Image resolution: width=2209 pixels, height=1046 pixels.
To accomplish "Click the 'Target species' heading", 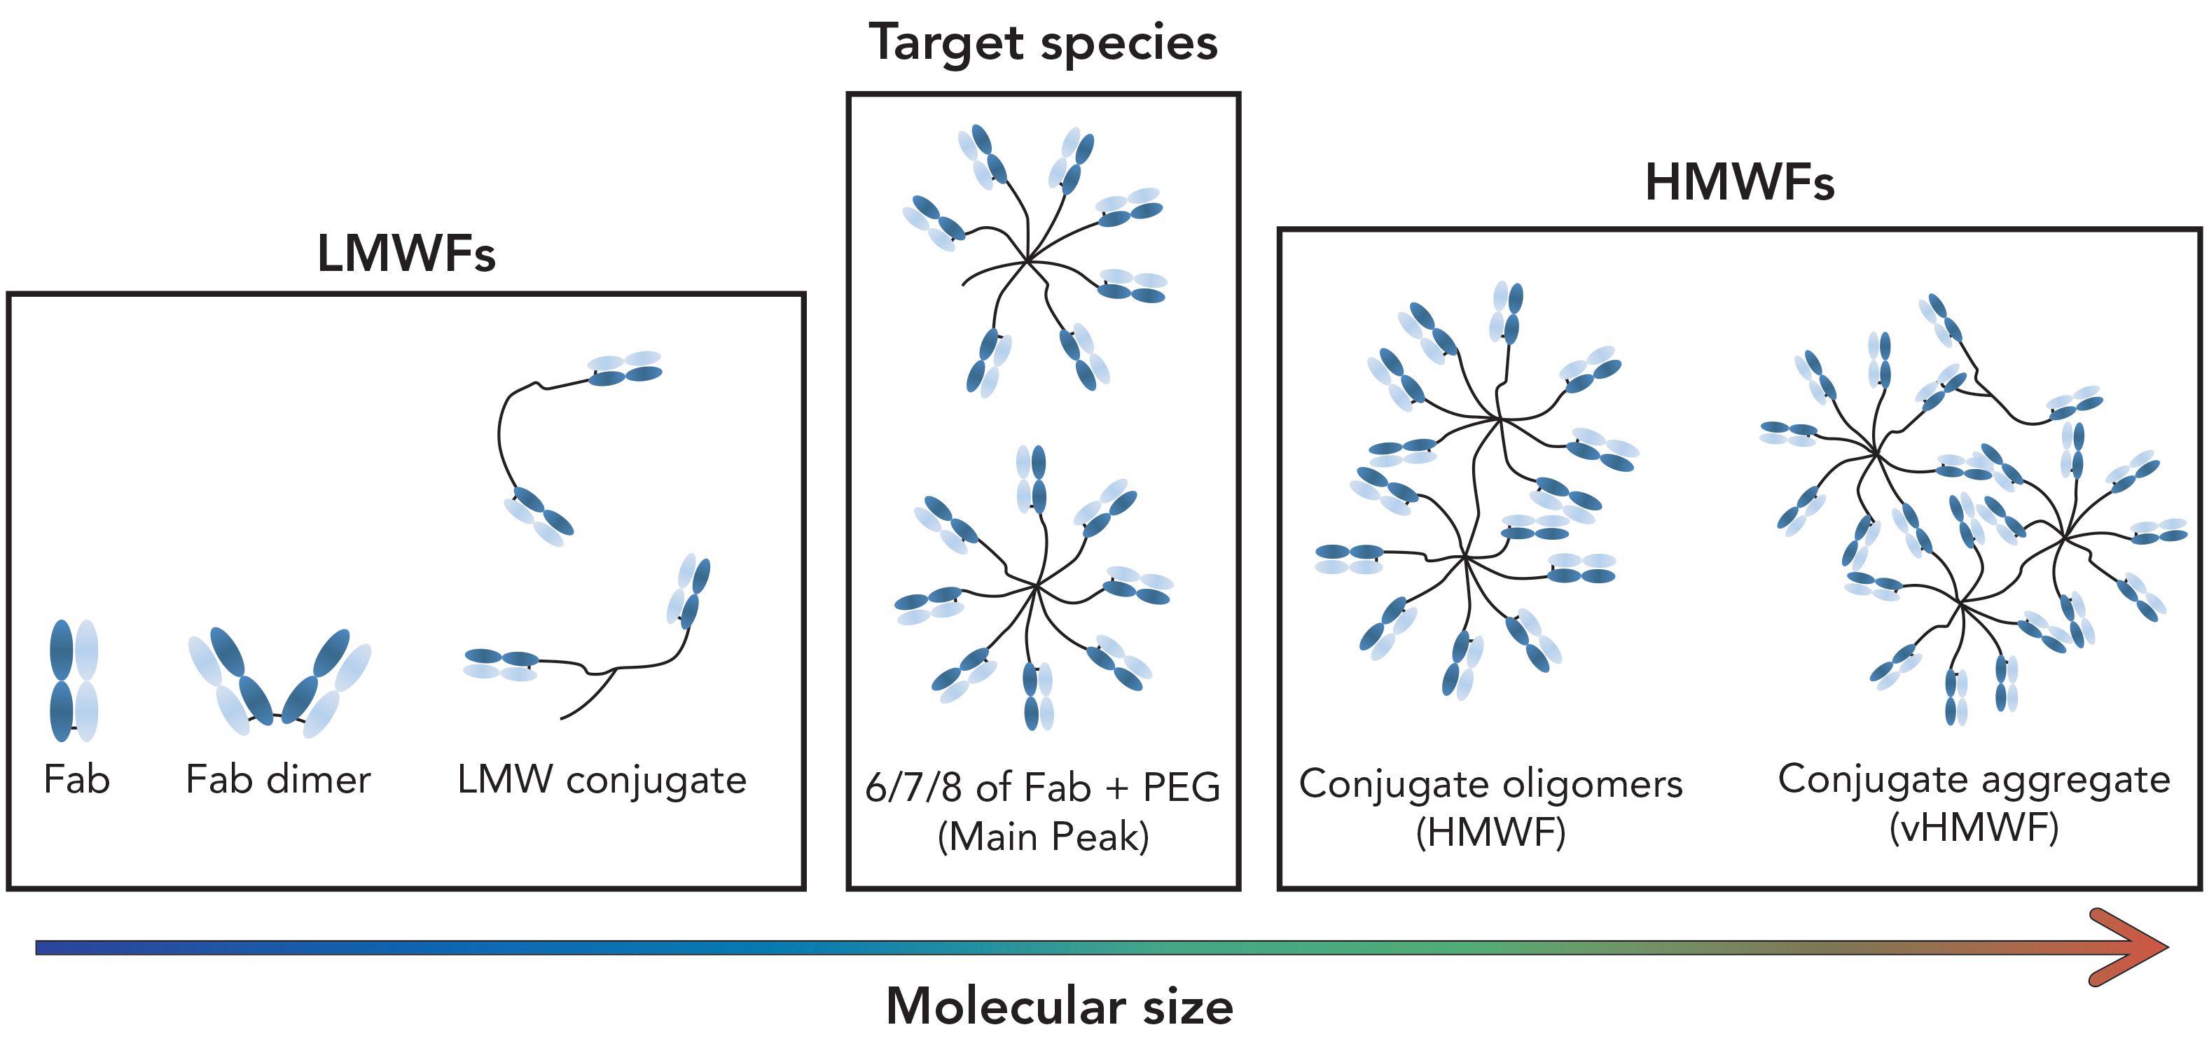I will (1043, 43).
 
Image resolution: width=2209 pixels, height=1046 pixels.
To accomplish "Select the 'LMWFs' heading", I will (406, 253).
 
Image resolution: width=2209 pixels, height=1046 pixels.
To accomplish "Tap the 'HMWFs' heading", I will (1738, 183).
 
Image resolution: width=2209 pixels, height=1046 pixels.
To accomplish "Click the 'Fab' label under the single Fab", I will (76, 780).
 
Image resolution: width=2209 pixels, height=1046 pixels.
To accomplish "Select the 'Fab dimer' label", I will (278, 780).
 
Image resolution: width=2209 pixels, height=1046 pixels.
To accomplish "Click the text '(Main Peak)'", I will (1043, 837).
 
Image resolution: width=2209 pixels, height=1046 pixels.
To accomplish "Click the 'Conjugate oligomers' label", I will (1490, 783).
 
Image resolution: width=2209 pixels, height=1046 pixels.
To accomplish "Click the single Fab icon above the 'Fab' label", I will (74, 680).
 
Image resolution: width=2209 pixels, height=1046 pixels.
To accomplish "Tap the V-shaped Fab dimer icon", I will (279, 683).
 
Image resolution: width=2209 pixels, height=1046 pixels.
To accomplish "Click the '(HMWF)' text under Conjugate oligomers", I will (1490, 832).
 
